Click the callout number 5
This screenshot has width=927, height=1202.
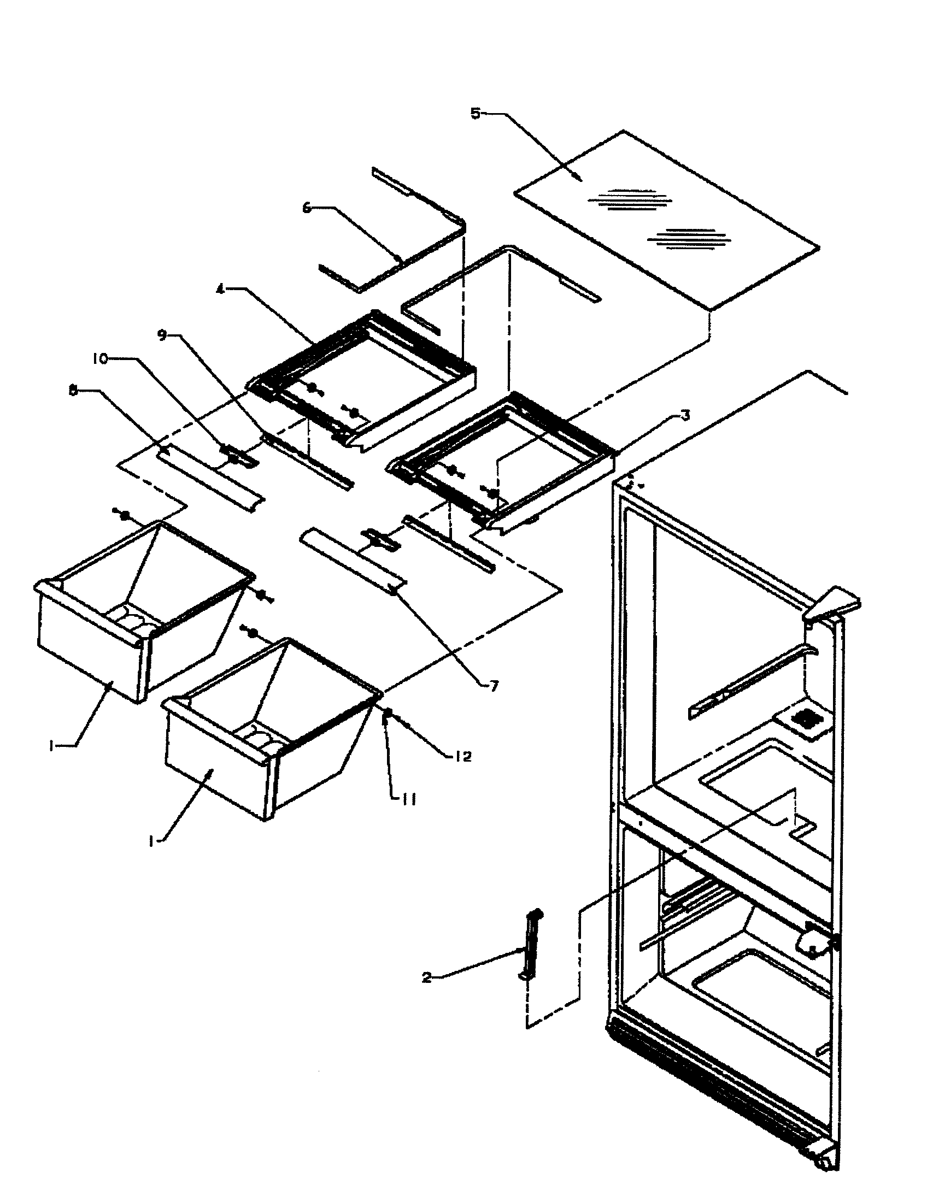pyautogui.click(x=475, y=114)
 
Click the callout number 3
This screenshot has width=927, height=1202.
pyautogui.click(x=684, y=416)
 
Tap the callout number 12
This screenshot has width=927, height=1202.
pyautogui.click(x=463, y=757)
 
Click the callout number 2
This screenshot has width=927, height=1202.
pyautogui.click(x=427, y=977)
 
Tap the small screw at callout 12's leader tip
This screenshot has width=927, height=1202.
pyautogui.click(x=388, y=712)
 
